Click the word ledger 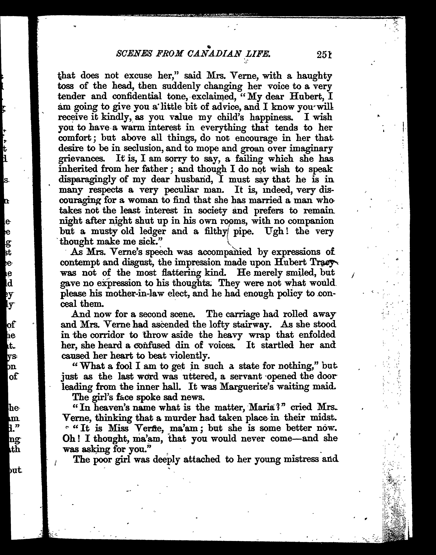click(153, 232)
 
